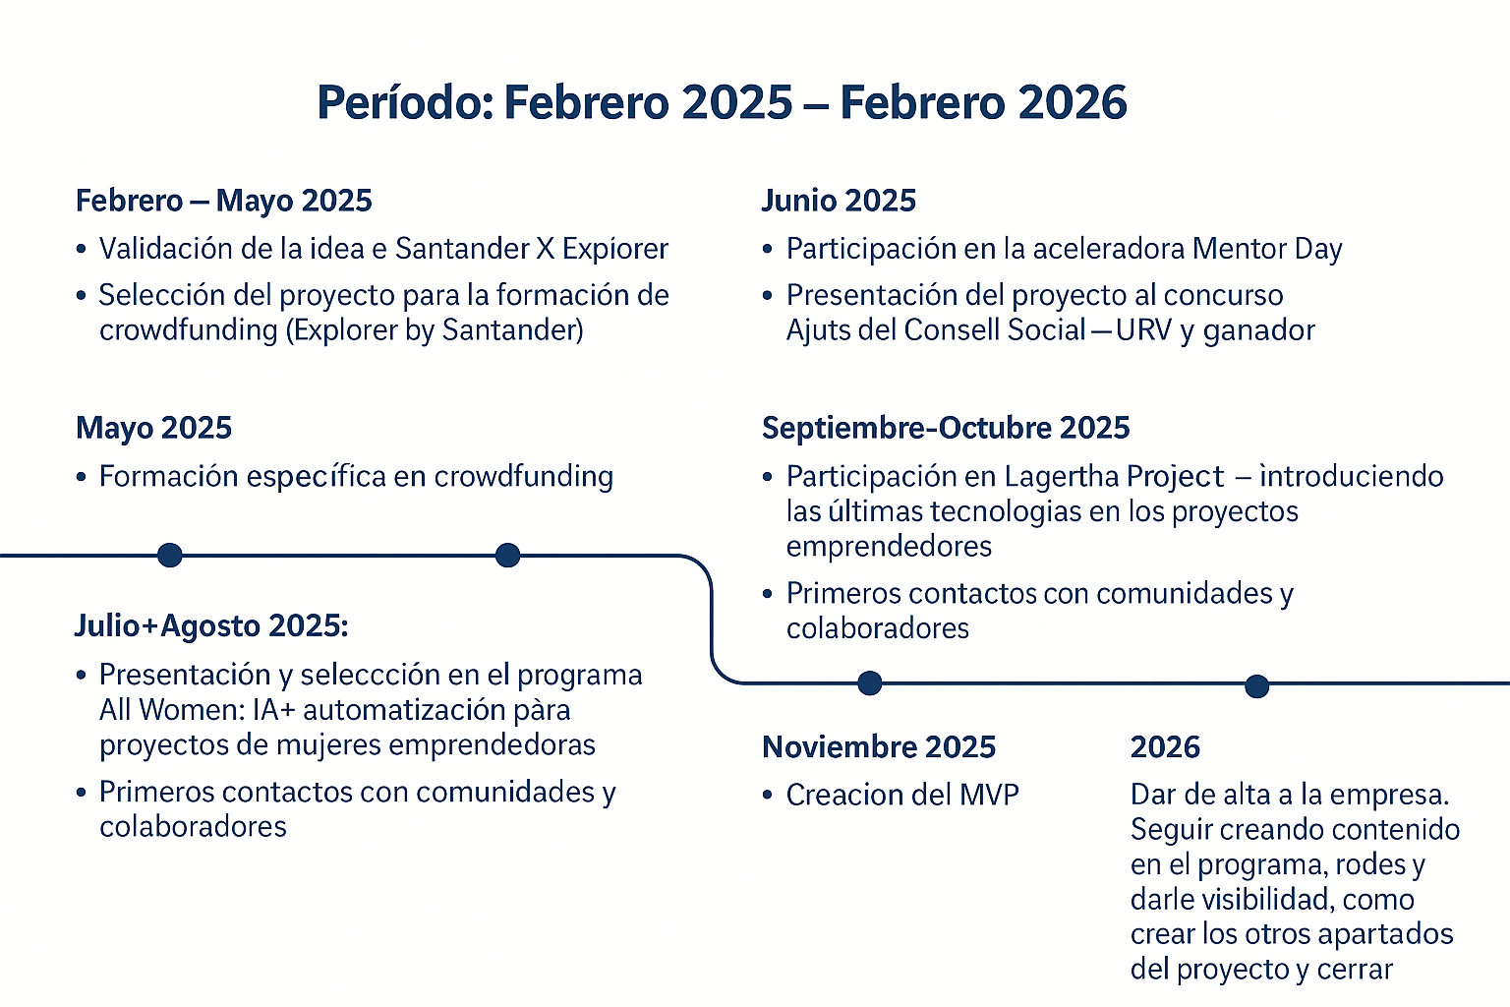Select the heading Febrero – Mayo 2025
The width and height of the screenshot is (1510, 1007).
(x=224, y=201)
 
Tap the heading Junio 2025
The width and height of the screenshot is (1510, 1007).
(x=839, y=201)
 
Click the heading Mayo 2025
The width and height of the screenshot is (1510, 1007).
(x=153, y=428)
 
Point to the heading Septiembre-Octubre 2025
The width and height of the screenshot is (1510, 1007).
(x=946, y=428)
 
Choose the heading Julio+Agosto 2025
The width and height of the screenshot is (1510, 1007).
(x=211, y=625)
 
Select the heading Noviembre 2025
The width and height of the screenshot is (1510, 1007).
(x=879, y=746)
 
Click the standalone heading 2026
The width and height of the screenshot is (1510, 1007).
(x=1166, y=746)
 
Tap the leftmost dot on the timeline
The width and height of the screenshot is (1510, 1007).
(x=170, y=555)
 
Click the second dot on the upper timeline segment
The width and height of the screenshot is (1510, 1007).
(x=507, y=555)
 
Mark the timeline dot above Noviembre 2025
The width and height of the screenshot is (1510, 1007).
(x=870, y=683)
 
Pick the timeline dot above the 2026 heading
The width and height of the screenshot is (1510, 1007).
(x=1256, y=686)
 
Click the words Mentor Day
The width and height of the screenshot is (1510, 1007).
(x=1267, y=249)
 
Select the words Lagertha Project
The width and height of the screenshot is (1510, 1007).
(x=1114, y=476)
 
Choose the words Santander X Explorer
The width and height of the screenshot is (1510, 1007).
(x=531, y=249)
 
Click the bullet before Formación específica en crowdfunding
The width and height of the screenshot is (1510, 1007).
(x=82, y=477)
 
